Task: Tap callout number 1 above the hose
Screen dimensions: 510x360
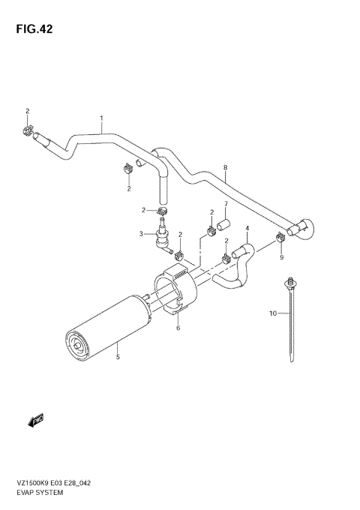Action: [101, 118]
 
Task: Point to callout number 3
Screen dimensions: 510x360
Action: [140, 234]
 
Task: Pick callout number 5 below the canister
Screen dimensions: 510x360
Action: [117, 347]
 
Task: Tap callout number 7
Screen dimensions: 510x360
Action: [225, 203]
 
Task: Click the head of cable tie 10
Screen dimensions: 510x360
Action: [288, 283]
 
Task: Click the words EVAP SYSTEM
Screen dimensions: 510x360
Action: [37, 494]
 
